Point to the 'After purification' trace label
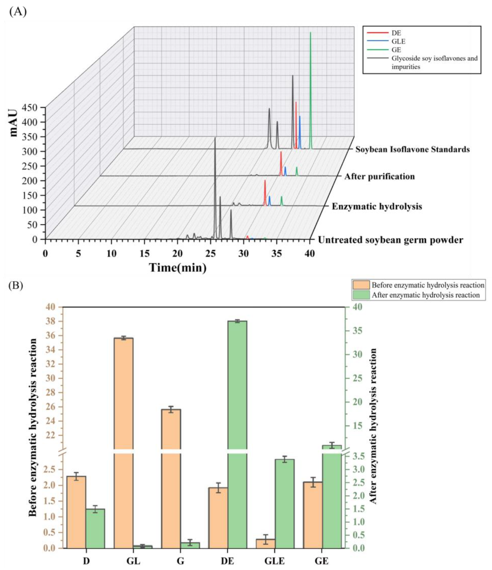point(379,176)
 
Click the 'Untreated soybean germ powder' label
point(390,240)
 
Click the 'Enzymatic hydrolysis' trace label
point(377,206)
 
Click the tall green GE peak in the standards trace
point(311,91)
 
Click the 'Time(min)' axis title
point(178,267)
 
